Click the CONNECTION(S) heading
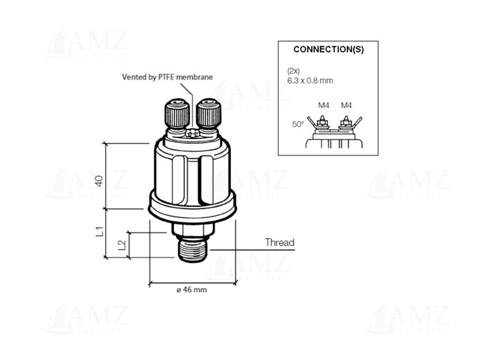328,50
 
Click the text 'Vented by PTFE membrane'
167,77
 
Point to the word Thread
280,243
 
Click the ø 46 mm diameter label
191,290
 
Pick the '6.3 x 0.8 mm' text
310,80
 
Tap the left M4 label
323,106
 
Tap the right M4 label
346,106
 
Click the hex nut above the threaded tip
192,229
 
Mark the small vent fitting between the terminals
192,134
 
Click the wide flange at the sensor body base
192,207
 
